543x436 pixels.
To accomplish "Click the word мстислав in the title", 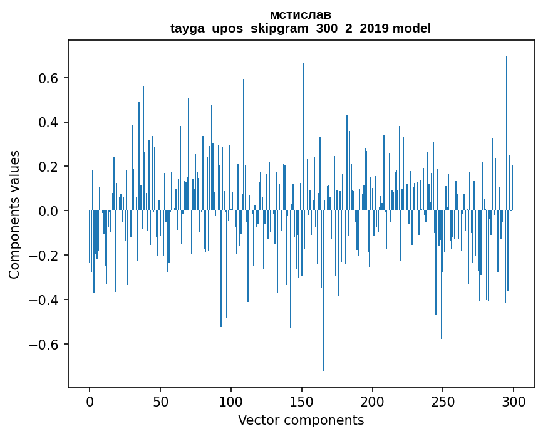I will tap(301, 14).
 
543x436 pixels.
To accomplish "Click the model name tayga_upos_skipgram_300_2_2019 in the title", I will tap(280, 28).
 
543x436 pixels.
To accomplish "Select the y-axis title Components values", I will tap(14, 214).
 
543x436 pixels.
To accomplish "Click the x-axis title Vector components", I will tap(301, 420).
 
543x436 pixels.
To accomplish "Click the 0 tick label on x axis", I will tap(90, 402).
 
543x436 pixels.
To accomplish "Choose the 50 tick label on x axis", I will tap(160, 402).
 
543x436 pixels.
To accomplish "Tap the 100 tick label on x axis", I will tap(231, 402).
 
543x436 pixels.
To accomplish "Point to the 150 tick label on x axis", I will tap(302, 402).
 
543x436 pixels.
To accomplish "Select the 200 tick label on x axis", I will tap(373, 402).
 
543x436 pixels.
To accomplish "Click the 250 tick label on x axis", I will tap(443, 402).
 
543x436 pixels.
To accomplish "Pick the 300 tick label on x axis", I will tap(514, 402).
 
